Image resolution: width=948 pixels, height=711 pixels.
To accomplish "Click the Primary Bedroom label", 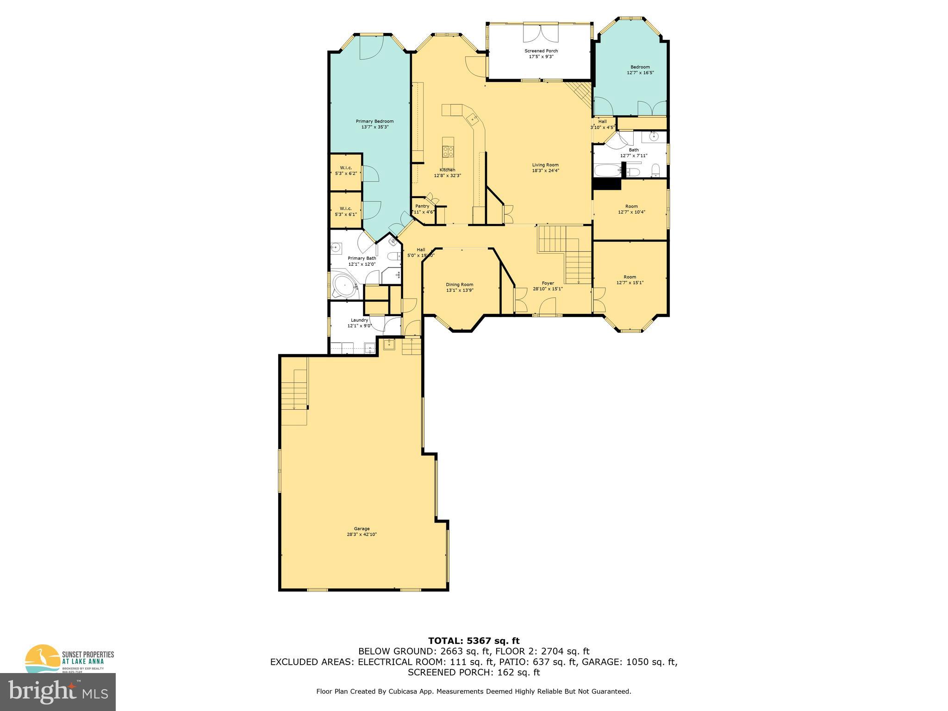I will [x=374, y=121].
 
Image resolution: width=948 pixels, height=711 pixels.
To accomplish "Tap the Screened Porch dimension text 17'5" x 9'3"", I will [x=541, y=56].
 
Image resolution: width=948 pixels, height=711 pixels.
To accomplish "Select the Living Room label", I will [x=545, y=165].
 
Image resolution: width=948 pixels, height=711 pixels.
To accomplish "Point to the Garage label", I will [x=362, y=529].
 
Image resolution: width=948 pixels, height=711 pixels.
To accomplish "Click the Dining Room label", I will [x=459, y=285].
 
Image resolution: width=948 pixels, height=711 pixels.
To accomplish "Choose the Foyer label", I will [x=548, y=283].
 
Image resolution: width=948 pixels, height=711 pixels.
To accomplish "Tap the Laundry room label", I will [x=359, y=320].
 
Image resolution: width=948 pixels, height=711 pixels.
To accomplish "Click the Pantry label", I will [x=422, y=206].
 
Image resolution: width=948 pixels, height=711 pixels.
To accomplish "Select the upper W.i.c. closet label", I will [x=346, y=168].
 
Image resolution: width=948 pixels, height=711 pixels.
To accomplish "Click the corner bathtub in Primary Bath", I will [x=343, y=287].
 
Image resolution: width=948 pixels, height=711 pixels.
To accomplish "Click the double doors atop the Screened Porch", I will [x=541, y=32].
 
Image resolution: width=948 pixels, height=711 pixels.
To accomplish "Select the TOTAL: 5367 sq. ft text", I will [x=474, y=641].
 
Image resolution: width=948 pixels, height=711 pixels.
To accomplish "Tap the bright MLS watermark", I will [x=58, y=692].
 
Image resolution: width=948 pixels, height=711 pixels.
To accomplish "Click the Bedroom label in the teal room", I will [x=640, y=67].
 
